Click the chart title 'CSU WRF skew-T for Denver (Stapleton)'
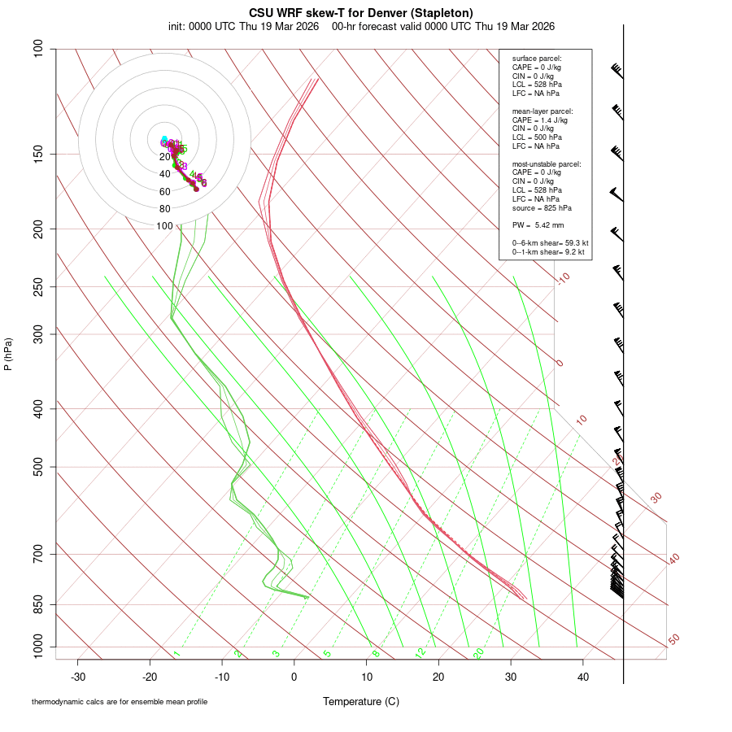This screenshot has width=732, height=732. point(361,12)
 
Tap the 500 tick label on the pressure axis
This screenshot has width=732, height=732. point(39,467)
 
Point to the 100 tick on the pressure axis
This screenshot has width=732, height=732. point(39,49)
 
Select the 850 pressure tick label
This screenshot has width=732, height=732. point(39,604)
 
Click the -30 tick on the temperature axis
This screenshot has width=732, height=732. point(78,677)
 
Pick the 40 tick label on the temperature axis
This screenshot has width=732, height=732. point(582,677)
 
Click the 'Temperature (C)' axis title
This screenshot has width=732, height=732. point(361,701)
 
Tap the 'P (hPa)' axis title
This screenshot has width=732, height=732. point(8,354)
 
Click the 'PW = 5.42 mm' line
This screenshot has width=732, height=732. point(538,224)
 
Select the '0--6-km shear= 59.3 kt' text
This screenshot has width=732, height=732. point(550,242)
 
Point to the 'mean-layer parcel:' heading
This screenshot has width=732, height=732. point(542,111)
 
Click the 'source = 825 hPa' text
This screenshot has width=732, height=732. point(539,207)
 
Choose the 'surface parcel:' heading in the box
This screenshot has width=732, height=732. point(537,59)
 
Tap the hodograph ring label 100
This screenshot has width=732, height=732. point(165,226)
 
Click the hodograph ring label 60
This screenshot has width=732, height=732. point(165,192)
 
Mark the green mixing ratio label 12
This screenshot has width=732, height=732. point(420,652)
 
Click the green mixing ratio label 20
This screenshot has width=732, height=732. point(478,652)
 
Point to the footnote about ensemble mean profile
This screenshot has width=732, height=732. point(120,702)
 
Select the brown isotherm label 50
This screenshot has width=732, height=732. point(673,640)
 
